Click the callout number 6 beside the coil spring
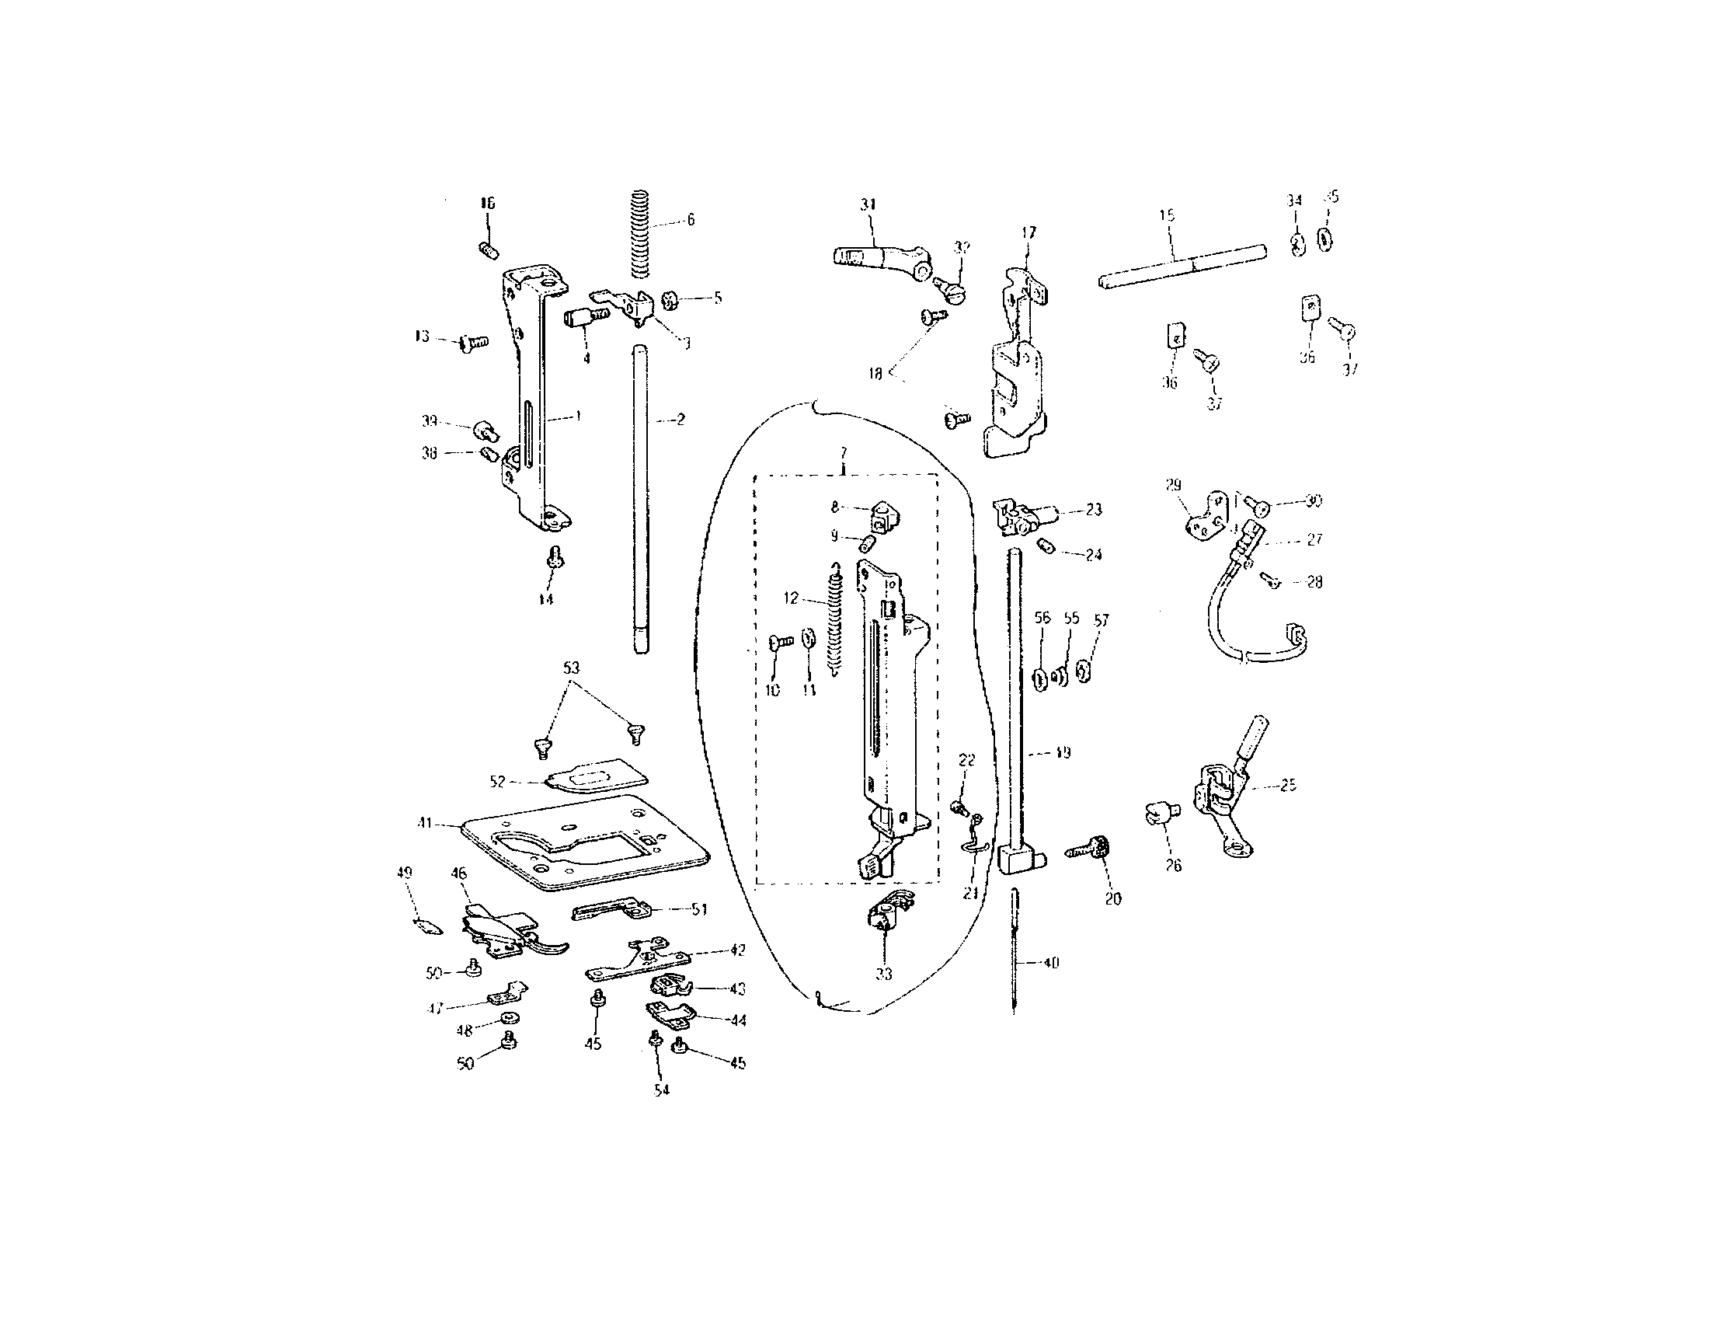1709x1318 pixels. (x=690, y=221)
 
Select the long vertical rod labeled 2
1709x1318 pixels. (x=641, y=501)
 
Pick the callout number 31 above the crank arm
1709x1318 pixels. (x=868, y=205)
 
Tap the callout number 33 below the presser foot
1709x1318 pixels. (x=883, y=974)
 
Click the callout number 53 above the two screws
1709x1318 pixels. (x=571, y=668)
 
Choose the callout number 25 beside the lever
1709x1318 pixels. (x=1288, y=785)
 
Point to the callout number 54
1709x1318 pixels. (x=662, y=1090)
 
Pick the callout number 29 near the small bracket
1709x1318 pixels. (x=1174, y=485)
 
